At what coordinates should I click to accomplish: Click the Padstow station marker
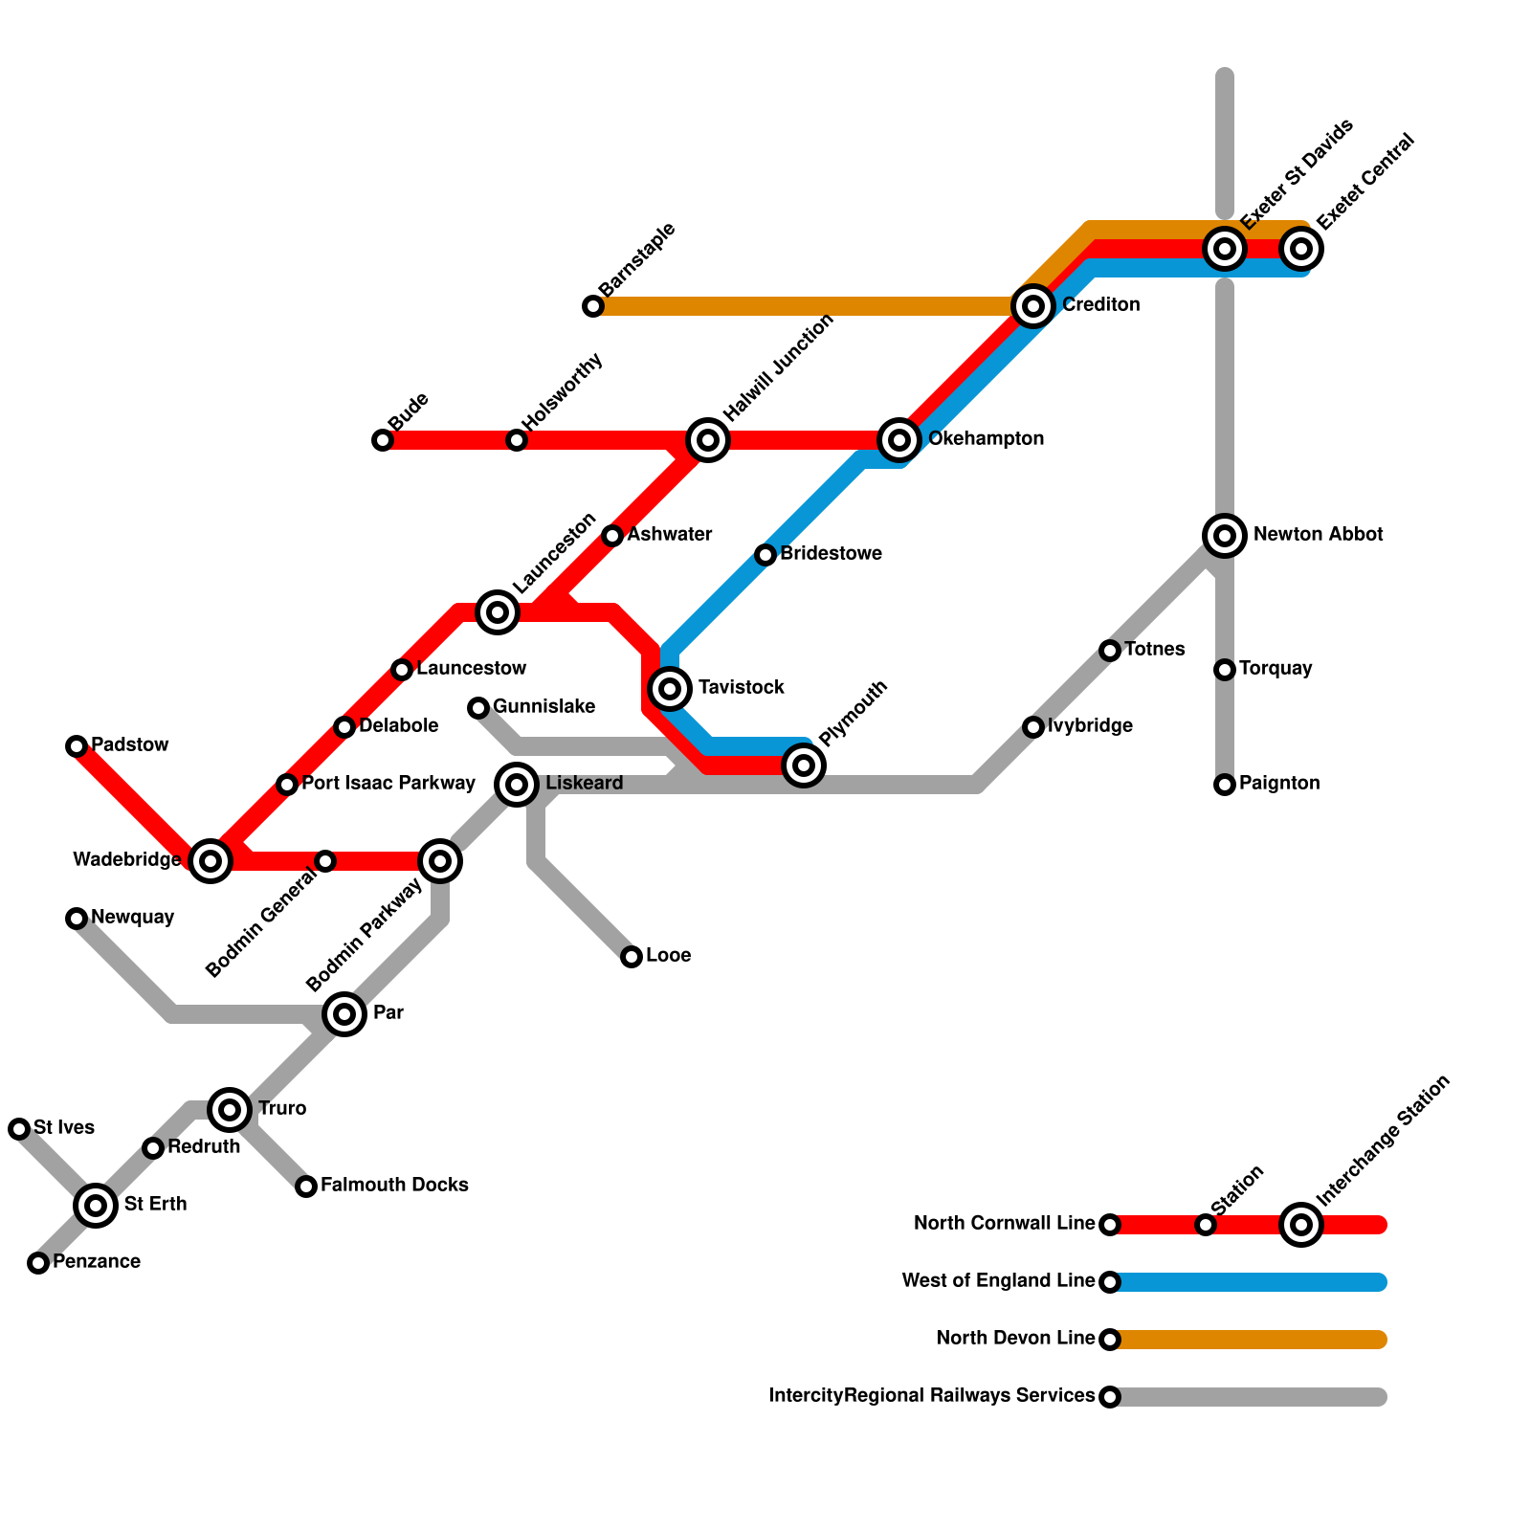(x=77, y=746)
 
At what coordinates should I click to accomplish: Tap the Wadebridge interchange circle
(x=211, y=861)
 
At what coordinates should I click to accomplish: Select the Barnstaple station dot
(x=593, y=306)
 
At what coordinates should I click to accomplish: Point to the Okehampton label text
(x=986, y=439)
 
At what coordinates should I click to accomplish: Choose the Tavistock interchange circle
(x=670, y=688)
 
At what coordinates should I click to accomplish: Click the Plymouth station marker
(x=804, y=765)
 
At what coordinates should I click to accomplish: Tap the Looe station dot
(x=632, y=957)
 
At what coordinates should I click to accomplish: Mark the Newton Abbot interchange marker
(x=1225, y=535)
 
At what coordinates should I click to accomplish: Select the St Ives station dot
(x=19, y=1129)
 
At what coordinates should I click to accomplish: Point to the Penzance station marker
(x=38, y=1263)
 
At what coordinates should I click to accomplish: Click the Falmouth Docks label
(x=394, y=1186)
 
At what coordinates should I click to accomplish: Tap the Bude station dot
(x=383, y=440)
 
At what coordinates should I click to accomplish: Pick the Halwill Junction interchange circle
(x=708, y=440)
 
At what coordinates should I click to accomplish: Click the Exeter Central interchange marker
(x=1301, y=249)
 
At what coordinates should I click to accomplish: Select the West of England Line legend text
(x=998, y=1281)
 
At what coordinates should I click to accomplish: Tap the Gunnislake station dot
(x=478, y=708)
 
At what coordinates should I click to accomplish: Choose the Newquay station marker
(x=77, y=919)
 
